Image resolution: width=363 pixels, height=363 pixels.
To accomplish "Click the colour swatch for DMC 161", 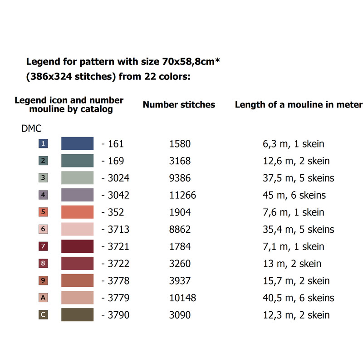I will [x=77, y=143].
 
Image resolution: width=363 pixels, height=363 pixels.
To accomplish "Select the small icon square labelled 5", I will [x=43, y=212].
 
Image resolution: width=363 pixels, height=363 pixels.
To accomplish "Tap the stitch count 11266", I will [x=182, y=195].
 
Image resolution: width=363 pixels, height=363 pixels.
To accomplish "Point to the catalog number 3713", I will [x=118, y=230].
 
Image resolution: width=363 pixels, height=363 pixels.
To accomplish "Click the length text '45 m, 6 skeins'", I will [x=294, y=195].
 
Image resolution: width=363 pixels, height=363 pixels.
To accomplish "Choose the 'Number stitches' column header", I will [x=179, y=105].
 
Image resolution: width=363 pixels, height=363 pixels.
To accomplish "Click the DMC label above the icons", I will [x=31, y=128].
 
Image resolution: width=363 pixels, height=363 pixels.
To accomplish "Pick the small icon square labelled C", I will [x=43, y=315].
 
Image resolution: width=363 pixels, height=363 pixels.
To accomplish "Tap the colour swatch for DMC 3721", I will [x=77, y=246].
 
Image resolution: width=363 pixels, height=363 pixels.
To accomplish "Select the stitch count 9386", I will [x=180, y=178].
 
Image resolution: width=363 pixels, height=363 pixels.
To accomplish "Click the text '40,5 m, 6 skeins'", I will [x=299, y=298].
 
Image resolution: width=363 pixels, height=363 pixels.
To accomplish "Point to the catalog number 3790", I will [x=118, y=315].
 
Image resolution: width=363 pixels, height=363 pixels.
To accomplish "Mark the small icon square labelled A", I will [x=43, y=298].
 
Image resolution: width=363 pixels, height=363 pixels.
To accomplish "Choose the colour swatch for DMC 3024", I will [x=77, y=178].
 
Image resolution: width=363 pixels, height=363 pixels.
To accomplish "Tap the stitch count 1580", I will [x=180, y=144].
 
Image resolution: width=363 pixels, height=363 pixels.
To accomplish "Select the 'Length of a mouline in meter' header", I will [x=299, y=105].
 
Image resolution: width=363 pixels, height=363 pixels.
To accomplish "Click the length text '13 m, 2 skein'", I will [x=292, y=264].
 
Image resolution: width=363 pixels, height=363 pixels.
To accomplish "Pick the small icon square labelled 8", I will [x=43, y=264].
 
